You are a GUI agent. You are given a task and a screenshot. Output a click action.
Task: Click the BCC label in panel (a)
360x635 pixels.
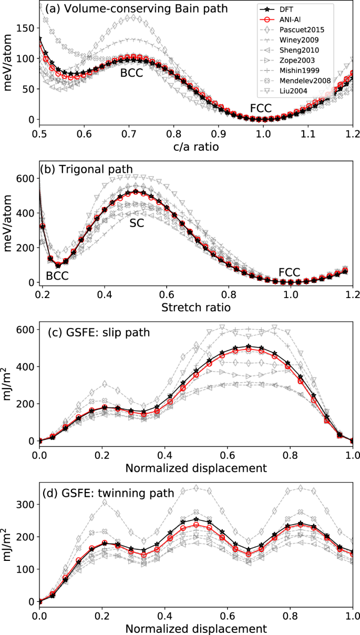click(x=131, y=74)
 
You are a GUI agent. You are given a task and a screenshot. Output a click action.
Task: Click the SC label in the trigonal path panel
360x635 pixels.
click(x=137, y=222)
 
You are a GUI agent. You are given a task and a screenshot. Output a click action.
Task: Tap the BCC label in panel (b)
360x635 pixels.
click(x=57, y=275)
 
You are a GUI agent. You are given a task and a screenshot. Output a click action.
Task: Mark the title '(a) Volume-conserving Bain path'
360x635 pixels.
click(x=111, y=8)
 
